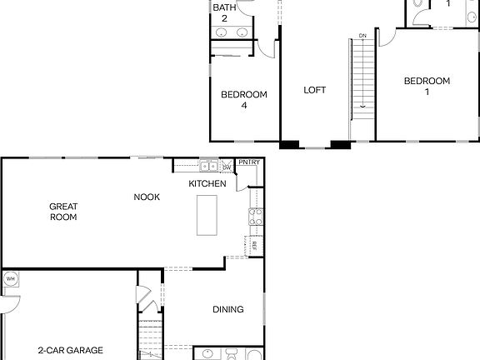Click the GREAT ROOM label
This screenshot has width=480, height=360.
coord(63,212)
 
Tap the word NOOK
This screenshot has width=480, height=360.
coord(147,197)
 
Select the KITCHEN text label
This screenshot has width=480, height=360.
coord(207,183)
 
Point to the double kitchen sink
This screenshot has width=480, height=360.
coord(208,166)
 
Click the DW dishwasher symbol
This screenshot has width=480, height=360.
coord(226,167)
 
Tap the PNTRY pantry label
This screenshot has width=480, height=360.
coord(248,162)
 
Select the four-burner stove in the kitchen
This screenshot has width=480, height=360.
coord(256,217)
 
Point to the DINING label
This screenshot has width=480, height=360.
coord(227,310)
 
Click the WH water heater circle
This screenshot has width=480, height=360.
coord(11,278)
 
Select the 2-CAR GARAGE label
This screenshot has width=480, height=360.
coord(70,351)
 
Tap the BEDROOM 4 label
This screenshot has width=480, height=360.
coord(243,100)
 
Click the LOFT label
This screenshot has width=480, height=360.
coord(314,90)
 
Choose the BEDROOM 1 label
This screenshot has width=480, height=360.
coord(427,86)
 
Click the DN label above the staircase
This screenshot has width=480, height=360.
coord(362,36)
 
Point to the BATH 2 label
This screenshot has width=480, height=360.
coord(223,12)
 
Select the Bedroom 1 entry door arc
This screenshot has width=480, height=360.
coord(386,37)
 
